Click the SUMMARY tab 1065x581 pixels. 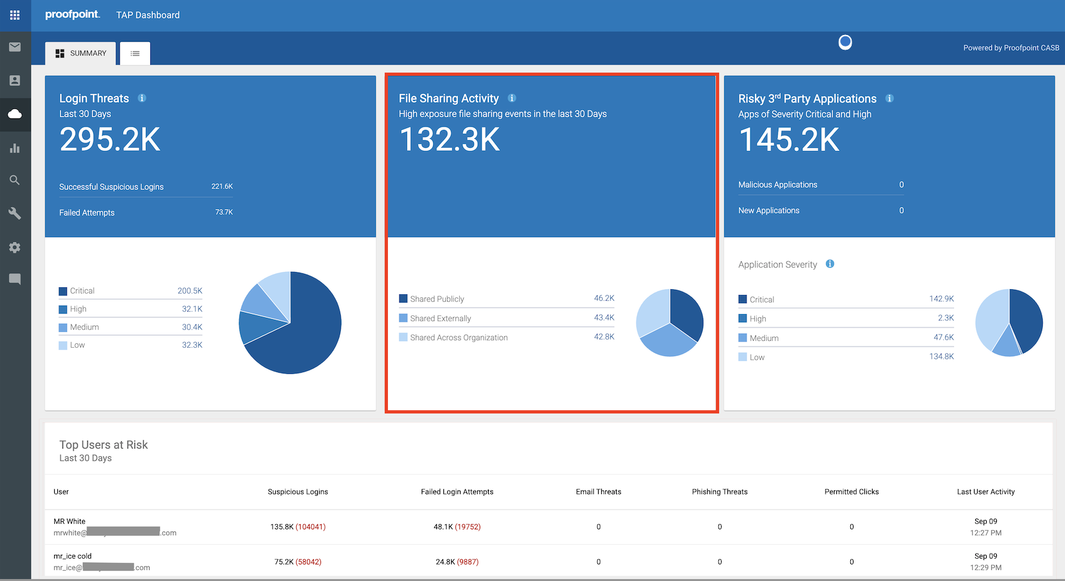tap(81, 54)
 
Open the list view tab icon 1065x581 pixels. tap(135, 54)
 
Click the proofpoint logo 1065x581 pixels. tap(73, 15)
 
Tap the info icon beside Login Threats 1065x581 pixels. tap(142, 98)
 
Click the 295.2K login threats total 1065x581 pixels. tap(110, 140)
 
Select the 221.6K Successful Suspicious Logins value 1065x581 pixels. tap(222, 187)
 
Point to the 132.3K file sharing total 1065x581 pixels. tap(450, 140)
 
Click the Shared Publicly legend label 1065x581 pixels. tap(437, 299)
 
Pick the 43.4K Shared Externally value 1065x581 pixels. tap(604, 318)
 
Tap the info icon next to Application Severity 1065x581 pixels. tap(830, 264)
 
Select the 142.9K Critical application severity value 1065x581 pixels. tap(941, 299)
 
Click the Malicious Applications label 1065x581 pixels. tap(778, 185)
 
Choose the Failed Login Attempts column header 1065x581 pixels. tap(457, 492)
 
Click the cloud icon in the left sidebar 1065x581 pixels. tap(15, 114)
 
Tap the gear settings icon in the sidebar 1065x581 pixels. tap(15, 247)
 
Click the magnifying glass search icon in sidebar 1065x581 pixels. tap(15, 180)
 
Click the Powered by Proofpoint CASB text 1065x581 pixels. tap(1011, 48)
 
